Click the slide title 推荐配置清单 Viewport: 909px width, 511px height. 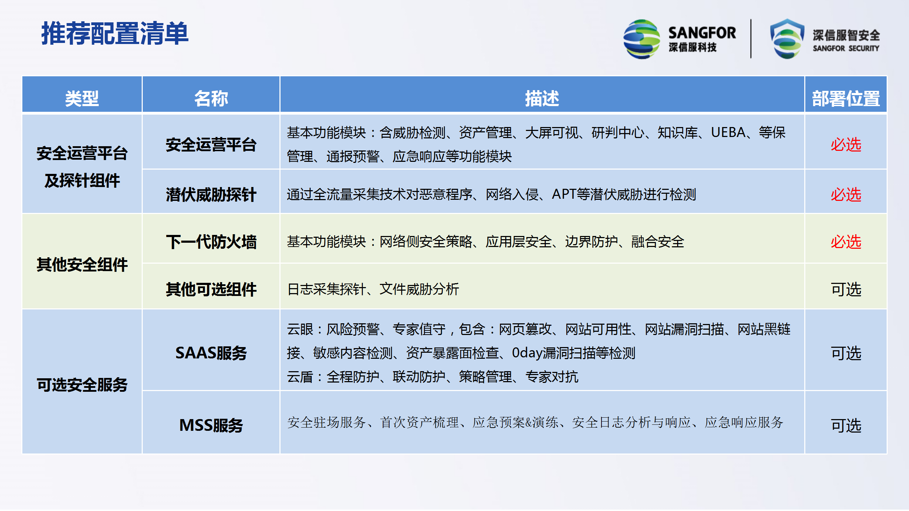(x=115, y=33)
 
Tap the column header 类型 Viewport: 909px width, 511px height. (x=82, y=98)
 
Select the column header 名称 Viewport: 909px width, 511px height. (x=211, y=98)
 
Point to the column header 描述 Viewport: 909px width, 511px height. (x=542, y=98)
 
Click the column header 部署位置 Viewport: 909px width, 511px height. (x=846, y=98)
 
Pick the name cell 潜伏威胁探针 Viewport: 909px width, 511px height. (x=211, y=195)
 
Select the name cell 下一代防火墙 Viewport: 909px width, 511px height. (x=211, y=242)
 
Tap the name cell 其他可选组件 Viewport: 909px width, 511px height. (x=211, y=290)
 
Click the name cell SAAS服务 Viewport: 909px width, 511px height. (x=211, y=353)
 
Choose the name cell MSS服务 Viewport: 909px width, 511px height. (x=211, y=425)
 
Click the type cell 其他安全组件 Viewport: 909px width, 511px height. (x=82, y=265)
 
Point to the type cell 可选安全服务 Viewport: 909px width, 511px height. (x=82, y=385)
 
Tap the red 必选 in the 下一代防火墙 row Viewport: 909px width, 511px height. (x=846, y=242)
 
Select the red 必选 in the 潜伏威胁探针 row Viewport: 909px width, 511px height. (x=846, y=195)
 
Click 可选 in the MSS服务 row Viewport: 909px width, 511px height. (x=846, y=425)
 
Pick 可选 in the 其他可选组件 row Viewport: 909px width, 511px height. (x=846, y=290)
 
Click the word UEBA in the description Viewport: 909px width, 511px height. (x=728, y=133)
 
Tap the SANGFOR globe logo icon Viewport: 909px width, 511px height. (x=642, y=39)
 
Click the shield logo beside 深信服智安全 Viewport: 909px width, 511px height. (x=787, y=39)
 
